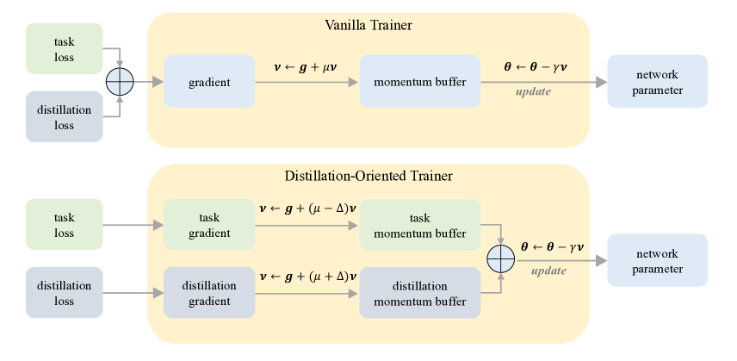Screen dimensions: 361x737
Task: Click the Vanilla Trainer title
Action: [x=368, y=25]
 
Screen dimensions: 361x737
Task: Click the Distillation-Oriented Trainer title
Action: [x=368, y=177]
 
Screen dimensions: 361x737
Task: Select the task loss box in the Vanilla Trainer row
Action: [x=65, y=49]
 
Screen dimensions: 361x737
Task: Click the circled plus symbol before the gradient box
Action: [x=120, y=83]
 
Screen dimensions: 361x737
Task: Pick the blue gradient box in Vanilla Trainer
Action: [x=209, y=83]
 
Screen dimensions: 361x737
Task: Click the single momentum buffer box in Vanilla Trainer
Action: [x=419, y=83]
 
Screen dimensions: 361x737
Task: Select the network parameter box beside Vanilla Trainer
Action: [x=657, y=83]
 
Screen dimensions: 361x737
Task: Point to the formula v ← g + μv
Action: [x=304, y=65]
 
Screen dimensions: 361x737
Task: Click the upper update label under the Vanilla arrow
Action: [x=533, y=92]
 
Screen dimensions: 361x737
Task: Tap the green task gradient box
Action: [x=209, y=226]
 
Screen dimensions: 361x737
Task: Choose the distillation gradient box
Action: [x=209, y=293]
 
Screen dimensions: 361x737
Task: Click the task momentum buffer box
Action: [x=419, y=226]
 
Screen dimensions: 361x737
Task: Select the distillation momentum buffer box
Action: [x=419, y=293]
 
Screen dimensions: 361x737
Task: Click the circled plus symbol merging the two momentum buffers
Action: [x=500, y=259]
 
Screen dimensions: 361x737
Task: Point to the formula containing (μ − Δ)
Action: [x=307, y=208]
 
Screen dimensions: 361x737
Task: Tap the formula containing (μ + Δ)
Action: [x=307, y=277]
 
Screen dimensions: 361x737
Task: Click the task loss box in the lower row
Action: [x=65, y=226]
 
